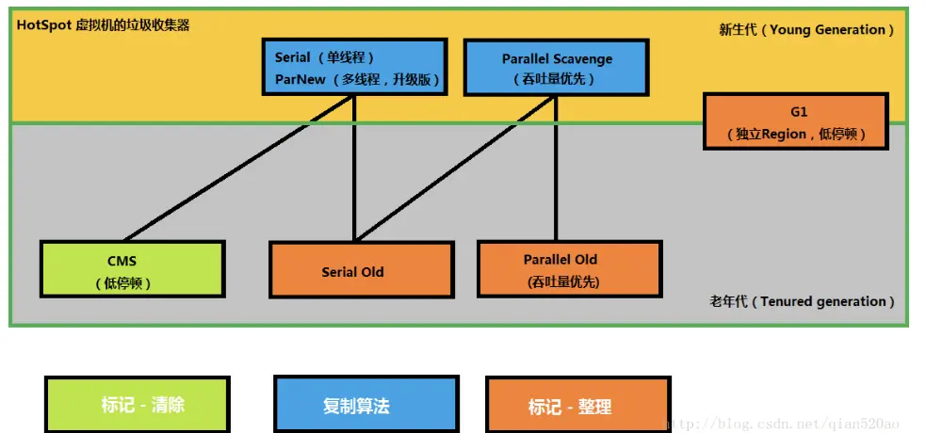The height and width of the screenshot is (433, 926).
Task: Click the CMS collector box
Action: (132, 268)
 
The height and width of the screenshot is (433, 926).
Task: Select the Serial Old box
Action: (361, 269)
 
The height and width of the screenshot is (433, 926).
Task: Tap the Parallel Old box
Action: (569, 268)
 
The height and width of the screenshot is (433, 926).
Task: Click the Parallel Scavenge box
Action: (557, 67)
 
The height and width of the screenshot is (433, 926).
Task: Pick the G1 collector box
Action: (796, 120)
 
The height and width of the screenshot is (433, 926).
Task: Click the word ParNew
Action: (300, 80)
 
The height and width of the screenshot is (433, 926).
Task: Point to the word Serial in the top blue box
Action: (292, 57)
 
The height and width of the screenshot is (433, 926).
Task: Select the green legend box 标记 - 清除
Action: (138, 405)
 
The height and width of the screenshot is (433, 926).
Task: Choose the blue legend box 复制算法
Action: (366, 405)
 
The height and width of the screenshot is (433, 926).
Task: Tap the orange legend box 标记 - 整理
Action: (578, 405)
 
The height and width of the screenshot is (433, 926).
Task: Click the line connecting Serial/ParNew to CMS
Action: (239, 168)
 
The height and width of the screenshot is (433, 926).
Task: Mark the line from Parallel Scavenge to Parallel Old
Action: (556, 168)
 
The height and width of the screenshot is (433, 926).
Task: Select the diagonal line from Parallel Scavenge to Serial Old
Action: (455, 168)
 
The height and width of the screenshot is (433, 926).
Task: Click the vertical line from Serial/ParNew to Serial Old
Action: (354, 168)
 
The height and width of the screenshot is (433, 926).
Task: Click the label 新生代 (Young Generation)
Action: (806, 30)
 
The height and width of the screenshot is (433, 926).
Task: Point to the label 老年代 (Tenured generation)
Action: (802, 301)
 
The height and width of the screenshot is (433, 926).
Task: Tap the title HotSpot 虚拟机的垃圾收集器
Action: (103, 25)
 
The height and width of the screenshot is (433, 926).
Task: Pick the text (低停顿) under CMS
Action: (122, 283)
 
